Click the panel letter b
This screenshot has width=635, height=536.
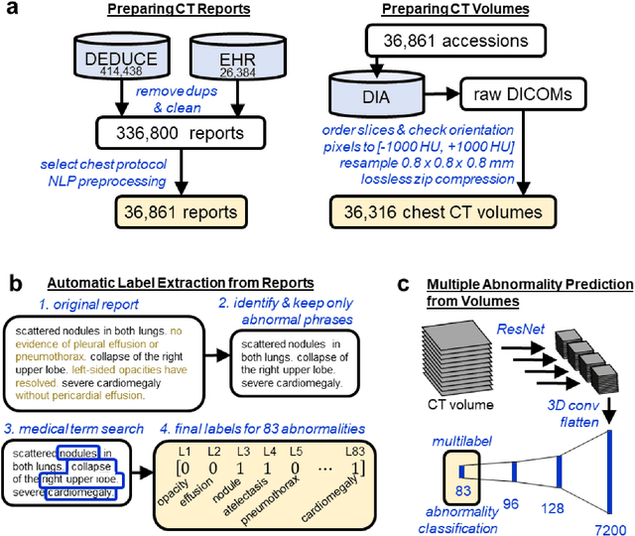pos(13,283)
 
